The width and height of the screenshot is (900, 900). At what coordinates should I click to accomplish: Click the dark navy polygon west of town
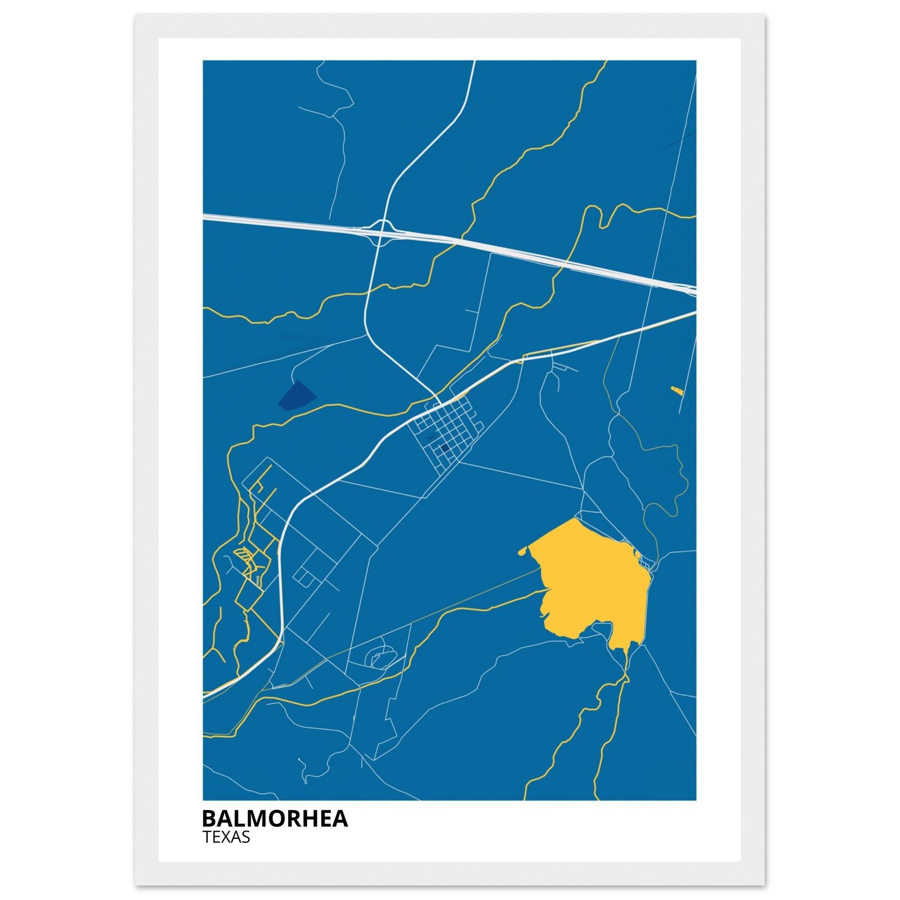click(296, 396)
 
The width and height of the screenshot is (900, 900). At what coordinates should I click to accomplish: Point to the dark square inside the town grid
click(445, 448)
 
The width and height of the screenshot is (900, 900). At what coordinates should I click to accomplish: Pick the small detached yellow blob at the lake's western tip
click(522, 552)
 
